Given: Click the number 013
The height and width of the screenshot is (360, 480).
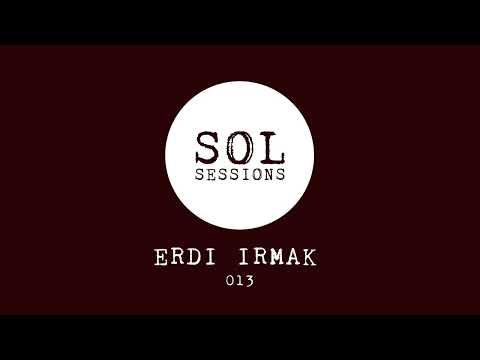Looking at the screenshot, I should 240,281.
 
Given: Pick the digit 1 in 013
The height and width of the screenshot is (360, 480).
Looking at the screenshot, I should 240,281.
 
